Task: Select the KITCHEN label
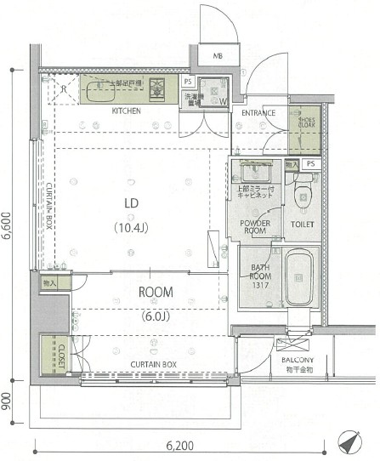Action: click(126, 111)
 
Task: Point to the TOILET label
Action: click(302, 225)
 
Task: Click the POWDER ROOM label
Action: click(255, 227)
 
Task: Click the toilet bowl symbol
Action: click(302, 194)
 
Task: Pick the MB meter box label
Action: click(218, 56)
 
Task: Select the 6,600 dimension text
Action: click(8, 226)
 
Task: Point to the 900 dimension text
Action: click(8, 398)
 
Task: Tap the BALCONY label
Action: click(298, 361)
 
